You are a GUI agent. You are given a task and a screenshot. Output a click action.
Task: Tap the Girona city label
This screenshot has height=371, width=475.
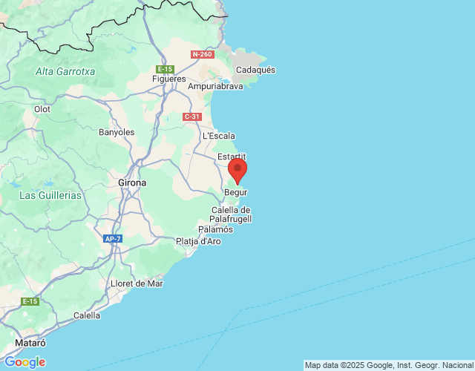(132, 182)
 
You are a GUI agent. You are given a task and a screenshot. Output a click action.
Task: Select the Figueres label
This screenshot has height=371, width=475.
(168, 79)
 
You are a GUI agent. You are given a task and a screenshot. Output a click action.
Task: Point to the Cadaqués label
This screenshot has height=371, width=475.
(255, 70)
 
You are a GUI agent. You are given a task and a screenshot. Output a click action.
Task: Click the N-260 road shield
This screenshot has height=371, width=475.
(202, 54)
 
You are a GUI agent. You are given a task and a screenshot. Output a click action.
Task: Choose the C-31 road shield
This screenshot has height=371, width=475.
(191, 116)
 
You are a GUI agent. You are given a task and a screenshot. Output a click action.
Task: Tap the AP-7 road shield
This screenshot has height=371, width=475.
(113, 239)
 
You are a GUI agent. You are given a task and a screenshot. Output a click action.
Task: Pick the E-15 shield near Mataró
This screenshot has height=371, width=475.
(30, 301)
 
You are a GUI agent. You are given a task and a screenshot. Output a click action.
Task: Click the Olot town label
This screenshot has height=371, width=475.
(42, 109)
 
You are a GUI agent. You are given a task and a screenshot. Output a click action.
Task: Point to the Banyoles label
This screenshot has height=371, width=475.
(117, 132)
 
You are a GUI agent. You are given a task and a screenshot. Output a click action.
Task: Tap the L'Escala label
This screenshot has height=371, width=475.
(219, 136)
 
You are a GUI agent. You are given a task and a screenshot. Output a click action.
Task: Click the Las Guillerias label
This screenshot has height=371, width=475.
(50, 195)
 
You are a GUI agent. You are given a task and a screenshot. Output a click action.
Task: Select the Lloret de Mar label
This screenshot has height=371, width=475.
(136, 283)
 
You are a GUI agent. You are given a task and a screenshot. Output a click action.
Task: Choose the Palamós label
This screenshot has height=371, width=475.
(215, 229)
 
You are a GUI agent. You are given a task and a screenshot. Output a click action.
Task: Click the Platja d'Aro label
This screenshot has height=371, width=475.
(199, 241)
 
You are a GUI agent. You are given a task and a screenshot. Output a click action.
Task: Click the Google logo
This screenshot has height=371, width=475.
(24, 362)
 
